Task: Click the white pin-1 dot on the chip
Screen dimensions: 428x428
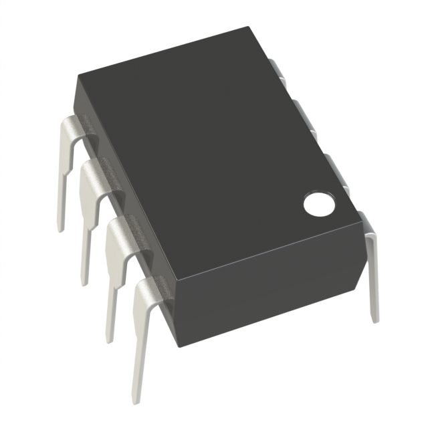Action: [319, 204]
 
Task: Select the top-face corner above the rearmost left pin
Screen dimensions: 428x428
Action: [76, 72]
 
